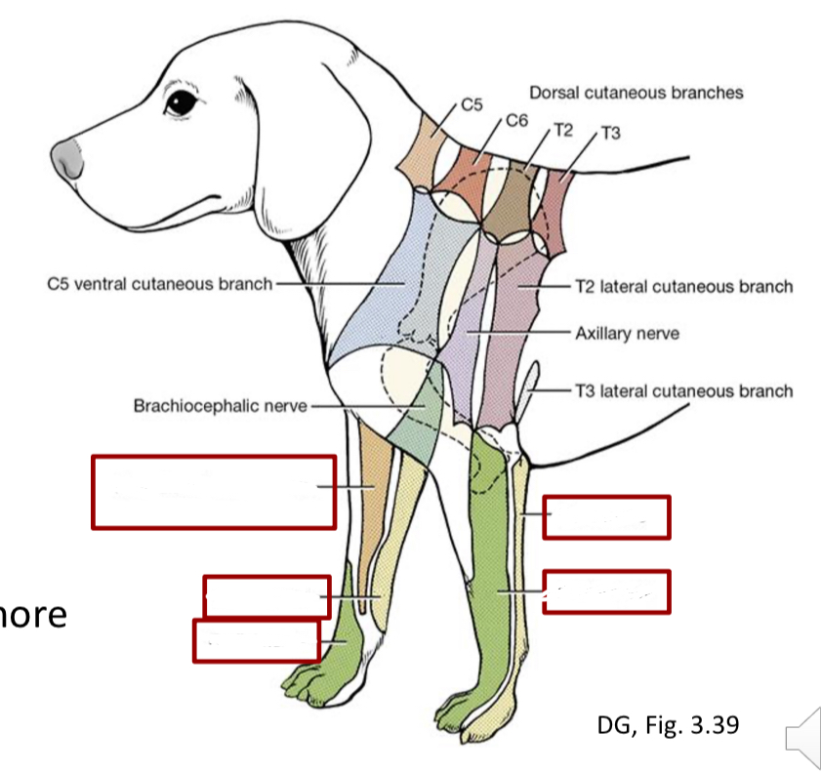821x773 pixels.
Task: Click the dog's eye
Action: [180, 102]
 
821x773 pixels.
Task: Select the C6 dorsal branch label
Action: [516, 121]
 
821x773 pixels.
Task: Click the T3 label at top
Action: [610, 133]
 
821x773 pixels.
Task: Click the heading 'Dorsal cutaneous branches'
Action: [636, 93]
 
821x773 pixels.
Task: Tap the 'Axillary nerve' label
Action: [627, 333]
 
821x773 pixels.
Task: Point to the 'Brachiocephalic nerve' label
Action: [220, 405]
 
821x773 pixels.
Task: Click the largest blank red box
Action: [214, 492]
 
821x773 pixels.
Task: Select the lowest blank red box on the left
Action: [256, 640]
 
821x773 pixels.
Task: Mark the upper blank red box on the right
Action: [606, 517]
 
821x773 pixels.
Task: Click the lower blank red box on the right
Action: [606, 591]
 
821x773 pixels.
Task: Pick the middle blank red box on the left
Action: [266, 596]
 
